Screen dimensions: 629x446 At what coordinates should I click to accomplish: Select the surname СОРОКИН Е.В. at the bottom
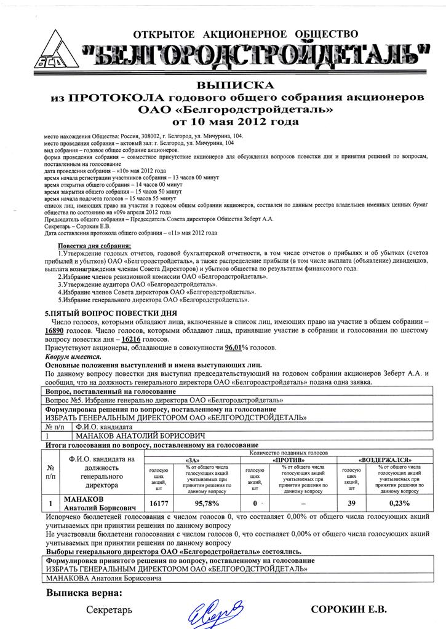349,610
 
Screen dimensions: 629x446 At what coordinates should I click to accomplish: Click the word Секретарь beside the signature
109,610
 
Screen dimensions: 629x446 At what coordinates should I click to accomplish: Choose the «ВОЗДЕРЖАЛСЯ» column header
384,460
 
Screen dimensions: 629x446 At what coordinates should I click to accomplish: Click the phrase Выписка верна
84,593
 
